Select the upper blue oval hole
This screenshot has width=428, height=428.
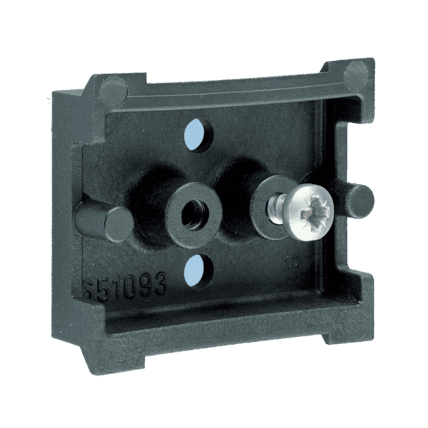pyautogui.click(x=195, y=135)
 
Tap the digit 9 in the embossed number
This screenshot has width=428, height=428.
pyautogui.click(x=144, y=286)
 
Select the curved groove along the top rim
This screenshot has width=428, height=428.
pyautogui.click(x=231, y=82)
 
